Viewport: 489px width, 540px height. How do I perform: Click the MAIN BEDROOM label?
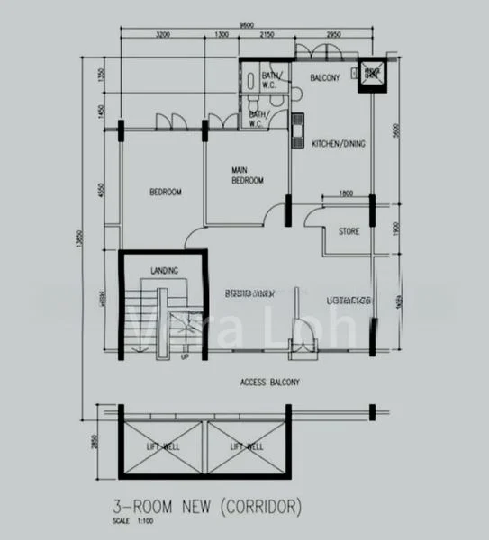[x=246, y=175]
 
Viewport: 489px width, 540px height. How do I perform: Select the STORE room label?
[x=349, y=231]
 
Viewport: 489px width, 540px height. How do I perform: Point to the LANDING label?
[x=164, y=270]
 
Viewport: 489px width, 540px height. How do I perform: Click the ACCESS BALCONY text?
[x=270, y=382]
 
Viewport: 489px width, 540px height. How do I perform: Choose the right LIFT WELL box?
[x=246, y=446]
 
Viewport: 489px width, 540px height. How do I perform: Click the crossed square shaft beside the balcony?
[x=371, y=76]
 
